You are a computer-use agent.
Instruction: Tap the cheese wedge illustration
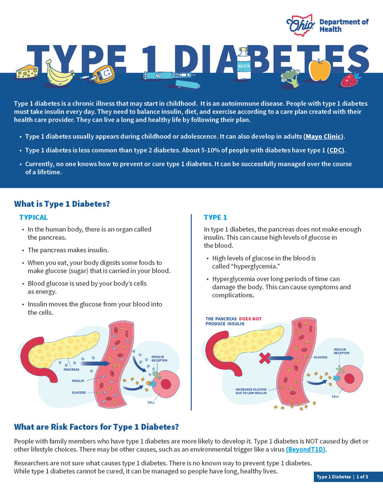click(x=27, y=72)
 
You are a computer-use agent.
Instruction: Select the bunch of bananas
click(x=60, y=74)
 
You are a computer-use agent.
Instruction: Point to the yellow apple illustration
click(x=320, y=70)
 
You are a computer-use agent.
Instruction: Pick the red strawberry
click(x=351, y=80)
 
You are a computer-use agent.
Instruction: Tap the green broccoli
click(x=291, y=78)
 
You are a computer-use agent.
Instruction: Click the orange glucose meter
click(x=104, y=75)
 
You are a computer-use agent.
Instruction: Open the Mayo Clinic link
click(x=323, y=137)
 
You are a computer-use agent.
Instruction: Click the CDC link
click(x=336, y=150)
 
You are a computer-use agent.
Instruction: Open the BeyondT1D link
click(x=306, y=449)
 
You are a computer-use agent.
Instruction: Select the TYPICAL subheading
click(x=33, y=217)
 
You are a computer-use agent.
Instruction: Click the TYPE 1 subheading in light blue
click(x=215, y=217)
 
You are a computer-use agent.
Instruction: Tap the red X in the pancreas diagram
click(x=265, y=358)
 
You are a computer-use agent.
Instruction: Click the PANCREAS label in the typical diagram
click(x=72, y=370)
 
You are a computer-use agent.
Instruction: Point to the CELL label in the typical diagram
click(x=151, y=403)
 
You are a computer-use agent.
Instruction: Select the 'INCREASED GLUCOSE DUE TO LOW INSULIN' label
click(x=251, y=391)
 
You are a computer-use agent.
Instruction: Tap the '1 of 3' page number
click(x=362, y=477)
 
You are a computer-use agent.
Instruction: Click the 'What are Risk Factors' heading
click(x=96, y=427)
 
